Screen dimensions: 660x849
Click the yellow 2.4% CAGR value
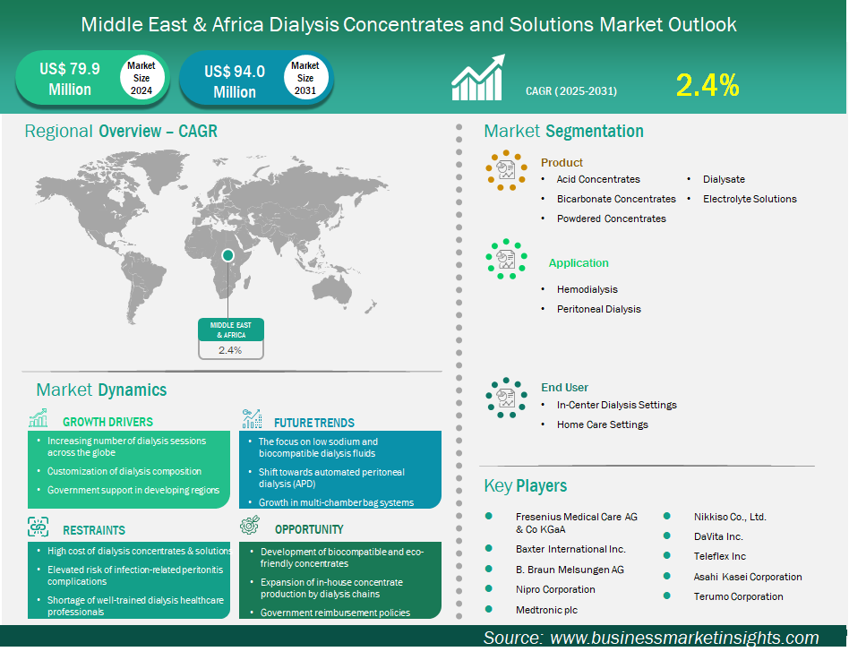pos(707,85)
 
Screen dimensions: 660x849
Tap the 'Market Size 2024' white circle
pos(141,78)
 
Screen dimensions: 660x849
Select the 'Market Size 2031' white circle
pos(305,78)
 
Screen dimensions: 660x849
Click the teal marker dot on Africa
pos(227,255)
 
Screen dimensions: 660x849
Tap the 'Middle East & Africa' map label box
pos(231,329)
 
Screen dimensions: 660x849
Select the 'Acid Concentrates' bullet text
pos(598,179)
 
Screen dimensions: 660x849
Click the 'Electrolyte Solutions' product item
pos(750,199)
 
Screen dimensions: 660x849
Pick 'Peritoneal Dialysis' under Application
pos(598,309)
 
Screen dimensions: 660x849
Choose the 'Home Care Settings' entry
pos(602,424)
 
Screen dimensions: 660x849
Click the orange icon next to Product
pos(506,168)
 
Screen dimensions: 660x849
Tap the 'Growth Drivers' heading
pos(107,422)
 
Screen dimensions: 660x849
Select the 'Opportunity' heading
pos(309,529)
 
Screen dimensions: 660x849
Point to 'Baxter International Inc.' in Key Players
pos(570,549)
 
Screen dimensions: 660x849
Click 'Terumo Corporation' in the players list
pos(738,596)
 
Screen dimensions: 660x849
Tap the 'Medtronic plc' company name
pos(546,610)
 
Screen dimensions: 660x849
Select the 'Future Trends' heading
pos(314,422)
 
